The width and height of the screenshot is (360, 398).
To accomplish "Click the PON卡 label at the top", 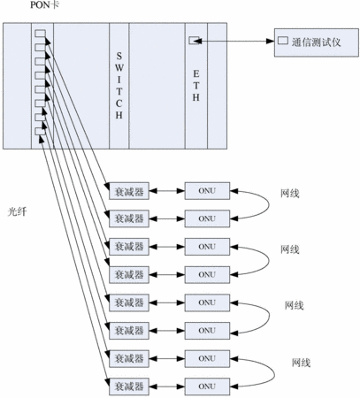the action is (45, 5).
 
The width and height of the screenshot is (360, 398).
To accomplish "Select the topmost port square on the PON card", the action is (40, 34).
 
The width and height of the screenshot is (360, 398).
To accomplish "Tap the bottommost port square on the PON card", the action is (40, 132).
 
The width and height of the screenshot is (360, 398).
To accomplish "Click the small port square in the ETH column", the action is (194, 40).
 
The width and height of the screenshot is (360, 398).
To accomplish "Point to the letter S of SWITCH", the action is (119, 56).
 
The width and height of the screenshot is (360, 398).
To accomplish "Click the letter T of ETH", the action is (196, 86).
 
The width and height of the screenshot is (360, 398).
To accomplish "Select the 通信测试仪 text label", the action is (316, 42).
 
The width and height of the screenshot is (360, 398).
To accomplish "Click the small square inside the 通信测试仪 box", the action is (283, 41).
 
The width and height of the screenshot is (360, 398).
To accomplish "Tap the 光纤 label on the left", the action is (17, 211).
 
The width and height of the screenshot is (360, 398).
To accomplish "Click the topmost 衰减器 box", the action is (129, 191).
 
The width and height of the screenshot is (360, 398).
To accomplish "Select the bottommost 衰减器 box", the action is (129, 387).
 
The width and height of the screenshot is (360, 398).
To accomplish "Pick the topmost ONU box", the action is (207, 191).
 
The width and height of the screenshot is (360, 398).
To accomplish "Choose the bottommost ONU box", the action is (207, 387).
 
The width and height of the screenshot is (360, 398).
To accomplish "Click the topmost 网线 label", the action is (290, 194).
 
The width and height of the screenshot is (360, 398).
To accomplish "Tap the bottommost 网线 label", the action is (302, 363).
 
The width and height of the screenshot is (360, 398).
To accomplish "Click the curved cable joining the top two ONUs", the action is (269, 204).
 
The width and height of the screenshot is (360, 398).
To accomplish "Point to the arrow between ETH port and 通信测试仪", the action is (234, 41).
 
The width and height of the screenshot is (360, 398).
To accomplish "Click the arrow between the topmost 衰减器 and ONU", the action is (167, 191).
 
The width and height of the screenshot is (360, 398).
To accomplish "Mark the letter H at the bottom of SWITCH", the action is (119, 115).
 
